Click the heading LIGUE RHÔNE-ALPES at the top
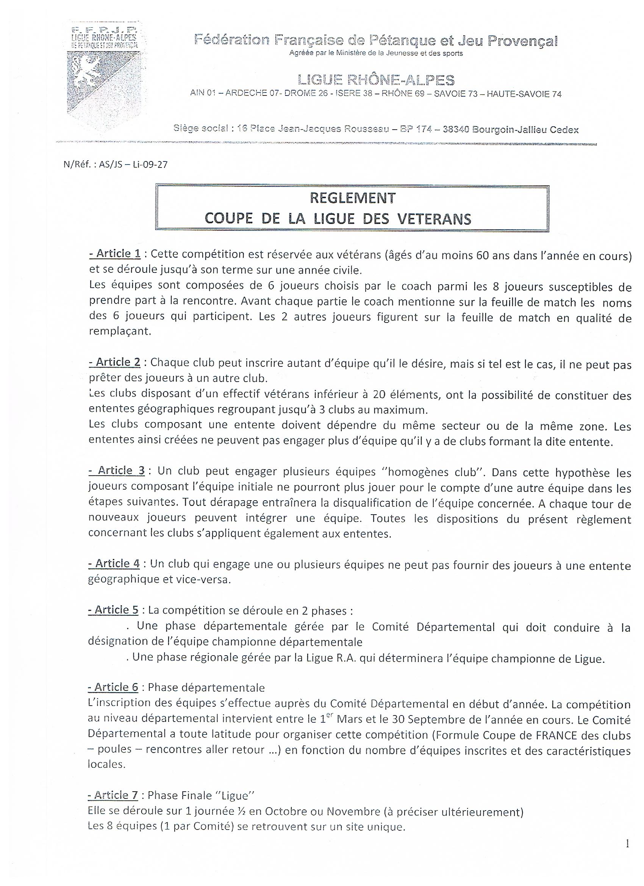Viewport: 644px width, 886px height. pos(376,80)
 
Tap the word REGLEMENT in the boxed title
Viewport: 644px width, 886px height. pos(353,198)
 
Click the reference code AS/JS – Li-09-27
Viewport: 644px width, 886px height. pos(133,164)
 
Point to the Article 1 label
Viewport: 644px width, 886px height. pos(115,254)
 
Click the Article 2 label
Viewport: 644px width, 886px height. pos(115,362)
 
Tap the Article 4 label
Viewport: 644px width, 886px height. pos(114,564)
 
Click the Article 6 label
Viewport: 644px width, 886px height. pos(113,687)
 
